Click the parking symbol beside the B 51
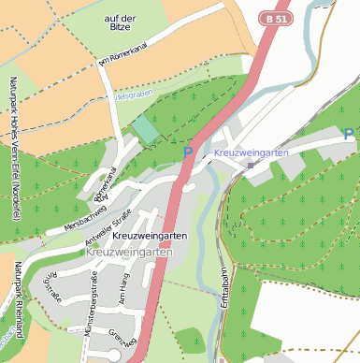(x=188, y=152)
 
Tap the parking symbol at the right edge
(x=349, y=135)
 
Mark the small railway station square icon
(x=251, y=166)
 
